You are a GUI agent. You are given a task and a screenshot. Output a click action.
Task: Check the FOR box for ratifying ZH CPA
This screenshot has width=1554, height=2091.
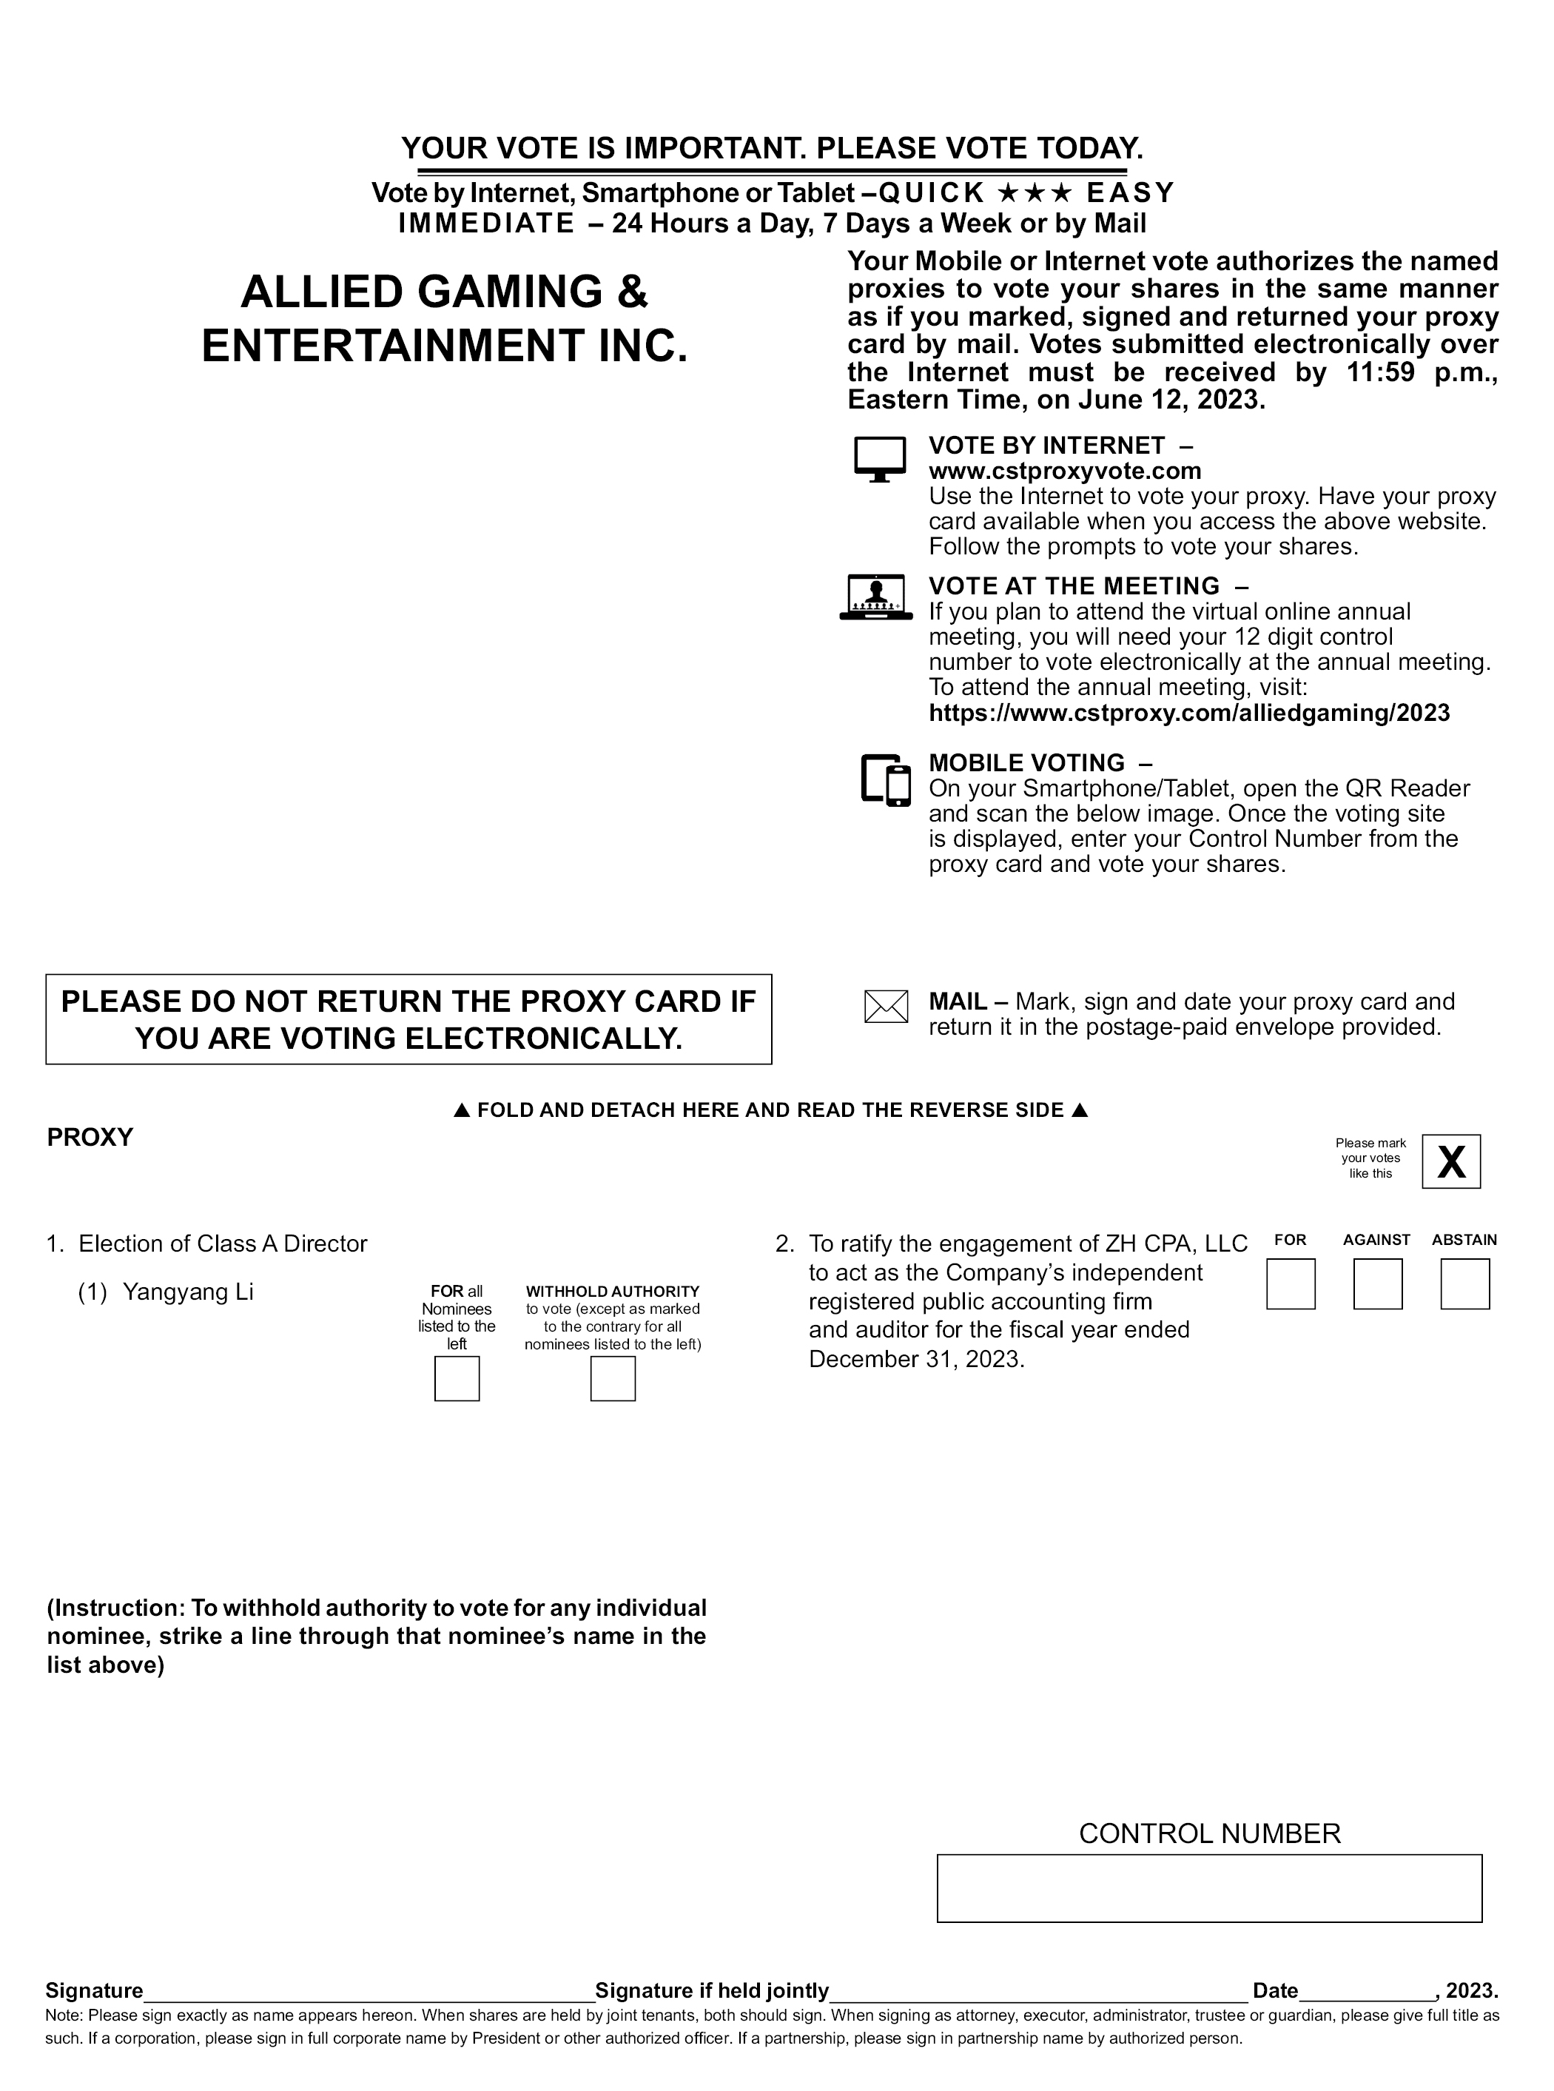tap(1290, 1284)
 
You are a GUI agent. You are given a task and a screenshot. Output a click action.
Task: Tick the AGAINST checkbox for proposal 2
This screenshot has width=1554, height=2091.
tap(1377, 1284)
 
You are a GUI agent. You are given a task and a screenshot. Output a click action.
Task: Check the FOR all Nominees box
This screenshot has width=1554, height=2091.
tap(457, 1378)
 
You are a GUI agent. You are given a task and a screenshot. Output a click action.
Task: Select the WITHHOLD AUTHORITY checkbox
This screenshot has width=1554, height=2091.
tap(613, 1378)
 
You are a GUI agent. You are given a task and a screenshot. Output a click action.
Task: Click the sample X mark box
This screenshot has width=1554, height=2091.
tap(1450, 1161)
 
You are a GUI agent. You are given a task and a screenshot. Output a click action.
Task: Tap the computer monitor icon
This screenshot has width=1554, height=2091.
tap(880, 459)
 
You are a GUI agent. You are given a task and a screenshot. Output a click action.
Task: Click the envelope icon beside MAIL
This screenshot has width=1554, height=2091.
tap(885, 1007)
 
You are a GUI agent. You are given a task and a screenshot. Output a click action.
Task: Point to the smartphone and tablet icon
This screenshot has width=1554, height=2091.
tap(886, 779)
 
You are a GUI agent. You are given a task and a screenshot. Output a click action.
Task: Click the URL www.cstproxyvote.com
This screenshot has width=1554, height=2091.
tap(1065, 471)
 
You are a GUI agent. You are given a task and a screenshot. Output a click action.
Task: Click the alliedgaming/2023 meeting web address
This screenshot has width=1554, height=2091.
tap(1189, 713)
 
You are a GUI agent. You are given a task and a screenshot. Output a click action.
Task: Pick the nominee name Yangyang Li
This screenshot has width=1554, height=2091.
tap(188, 1292)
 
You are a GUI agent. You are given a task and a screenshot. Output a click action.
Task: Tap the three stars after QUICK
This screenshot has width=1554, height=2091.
tap(1034, 193)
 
